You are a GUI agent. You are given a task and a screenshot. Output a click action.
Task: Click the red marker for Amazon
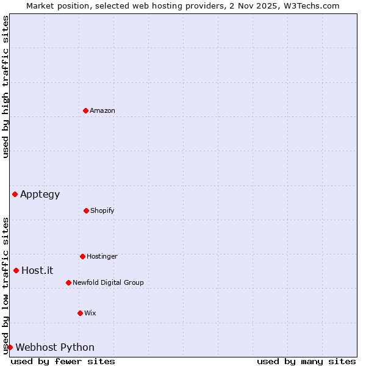pos(85,110)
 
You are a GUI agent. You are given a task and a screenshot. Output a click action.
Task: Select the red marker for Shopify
pos(86,210)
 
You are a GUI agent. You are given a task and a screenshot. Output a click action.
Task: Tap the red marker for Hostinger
pos(82,256)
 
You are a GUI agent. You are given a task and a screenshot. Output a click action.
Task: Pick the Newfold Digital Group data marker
pos(68,282)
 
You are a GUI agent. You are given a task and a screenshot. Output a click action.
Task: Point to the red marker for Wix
pos(80,313)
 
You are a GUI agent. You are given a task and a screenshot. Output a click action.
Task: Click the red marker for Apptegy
pos(15,194)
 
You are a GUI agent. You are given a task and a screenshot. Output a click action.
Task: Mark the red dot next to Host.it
pos(16,270)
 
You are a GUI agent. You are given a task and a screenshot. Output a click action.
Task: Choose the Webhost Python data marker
pos(10,347)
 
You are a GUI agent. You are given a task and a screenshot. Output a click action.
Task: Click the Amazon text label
pos(102,110)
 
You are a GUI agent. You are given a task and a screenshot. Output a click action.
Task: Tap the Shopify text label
pos(102,210)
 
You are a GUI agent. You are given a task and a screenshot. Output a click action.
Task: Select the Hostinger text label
pos(102,256)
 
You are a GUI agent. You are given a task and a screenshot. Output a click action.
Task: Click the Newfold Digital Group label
pos(108,282)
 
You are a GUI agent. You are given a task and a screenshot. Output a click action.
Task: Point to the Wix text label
pos(90,313)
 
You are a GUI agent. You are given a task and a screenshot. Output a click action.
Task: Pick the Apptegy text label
pos(40,195)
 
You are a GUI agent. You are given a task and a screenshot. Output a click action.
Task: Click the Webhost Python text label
pos(55,348)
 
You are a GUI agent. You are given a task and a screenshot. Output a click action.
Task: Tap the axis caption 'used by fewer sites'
pos(63,361)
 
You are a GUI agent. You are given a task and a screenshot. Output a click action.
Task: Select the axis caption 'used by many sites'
pos(306,361)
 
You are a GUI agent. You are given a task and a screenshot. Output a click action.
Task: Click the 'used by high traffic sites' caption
pos(5,87)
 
